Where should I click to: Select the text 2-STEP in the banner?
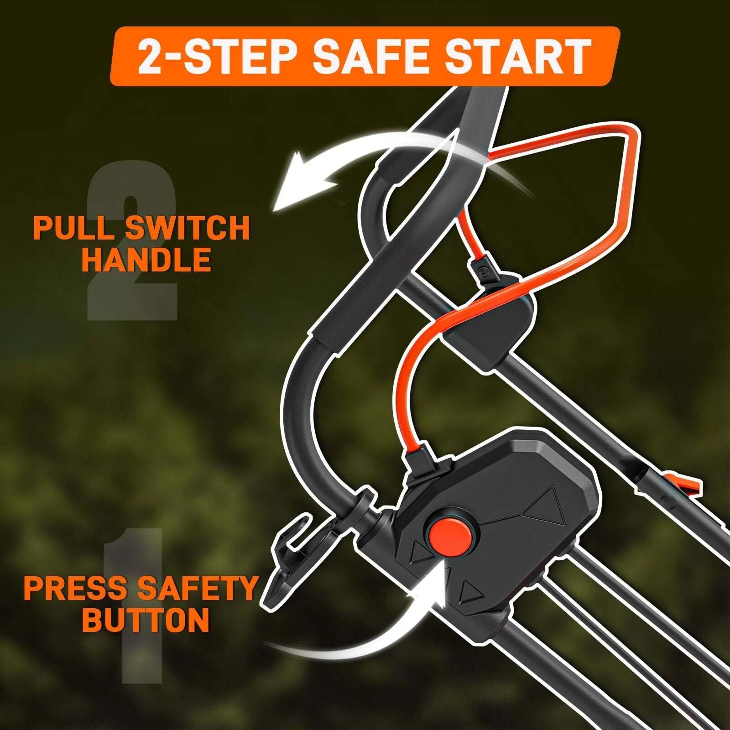point(214,57)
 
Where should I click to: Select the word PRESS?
point(75,588)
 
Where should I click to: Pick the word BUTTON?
point(146,619)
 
